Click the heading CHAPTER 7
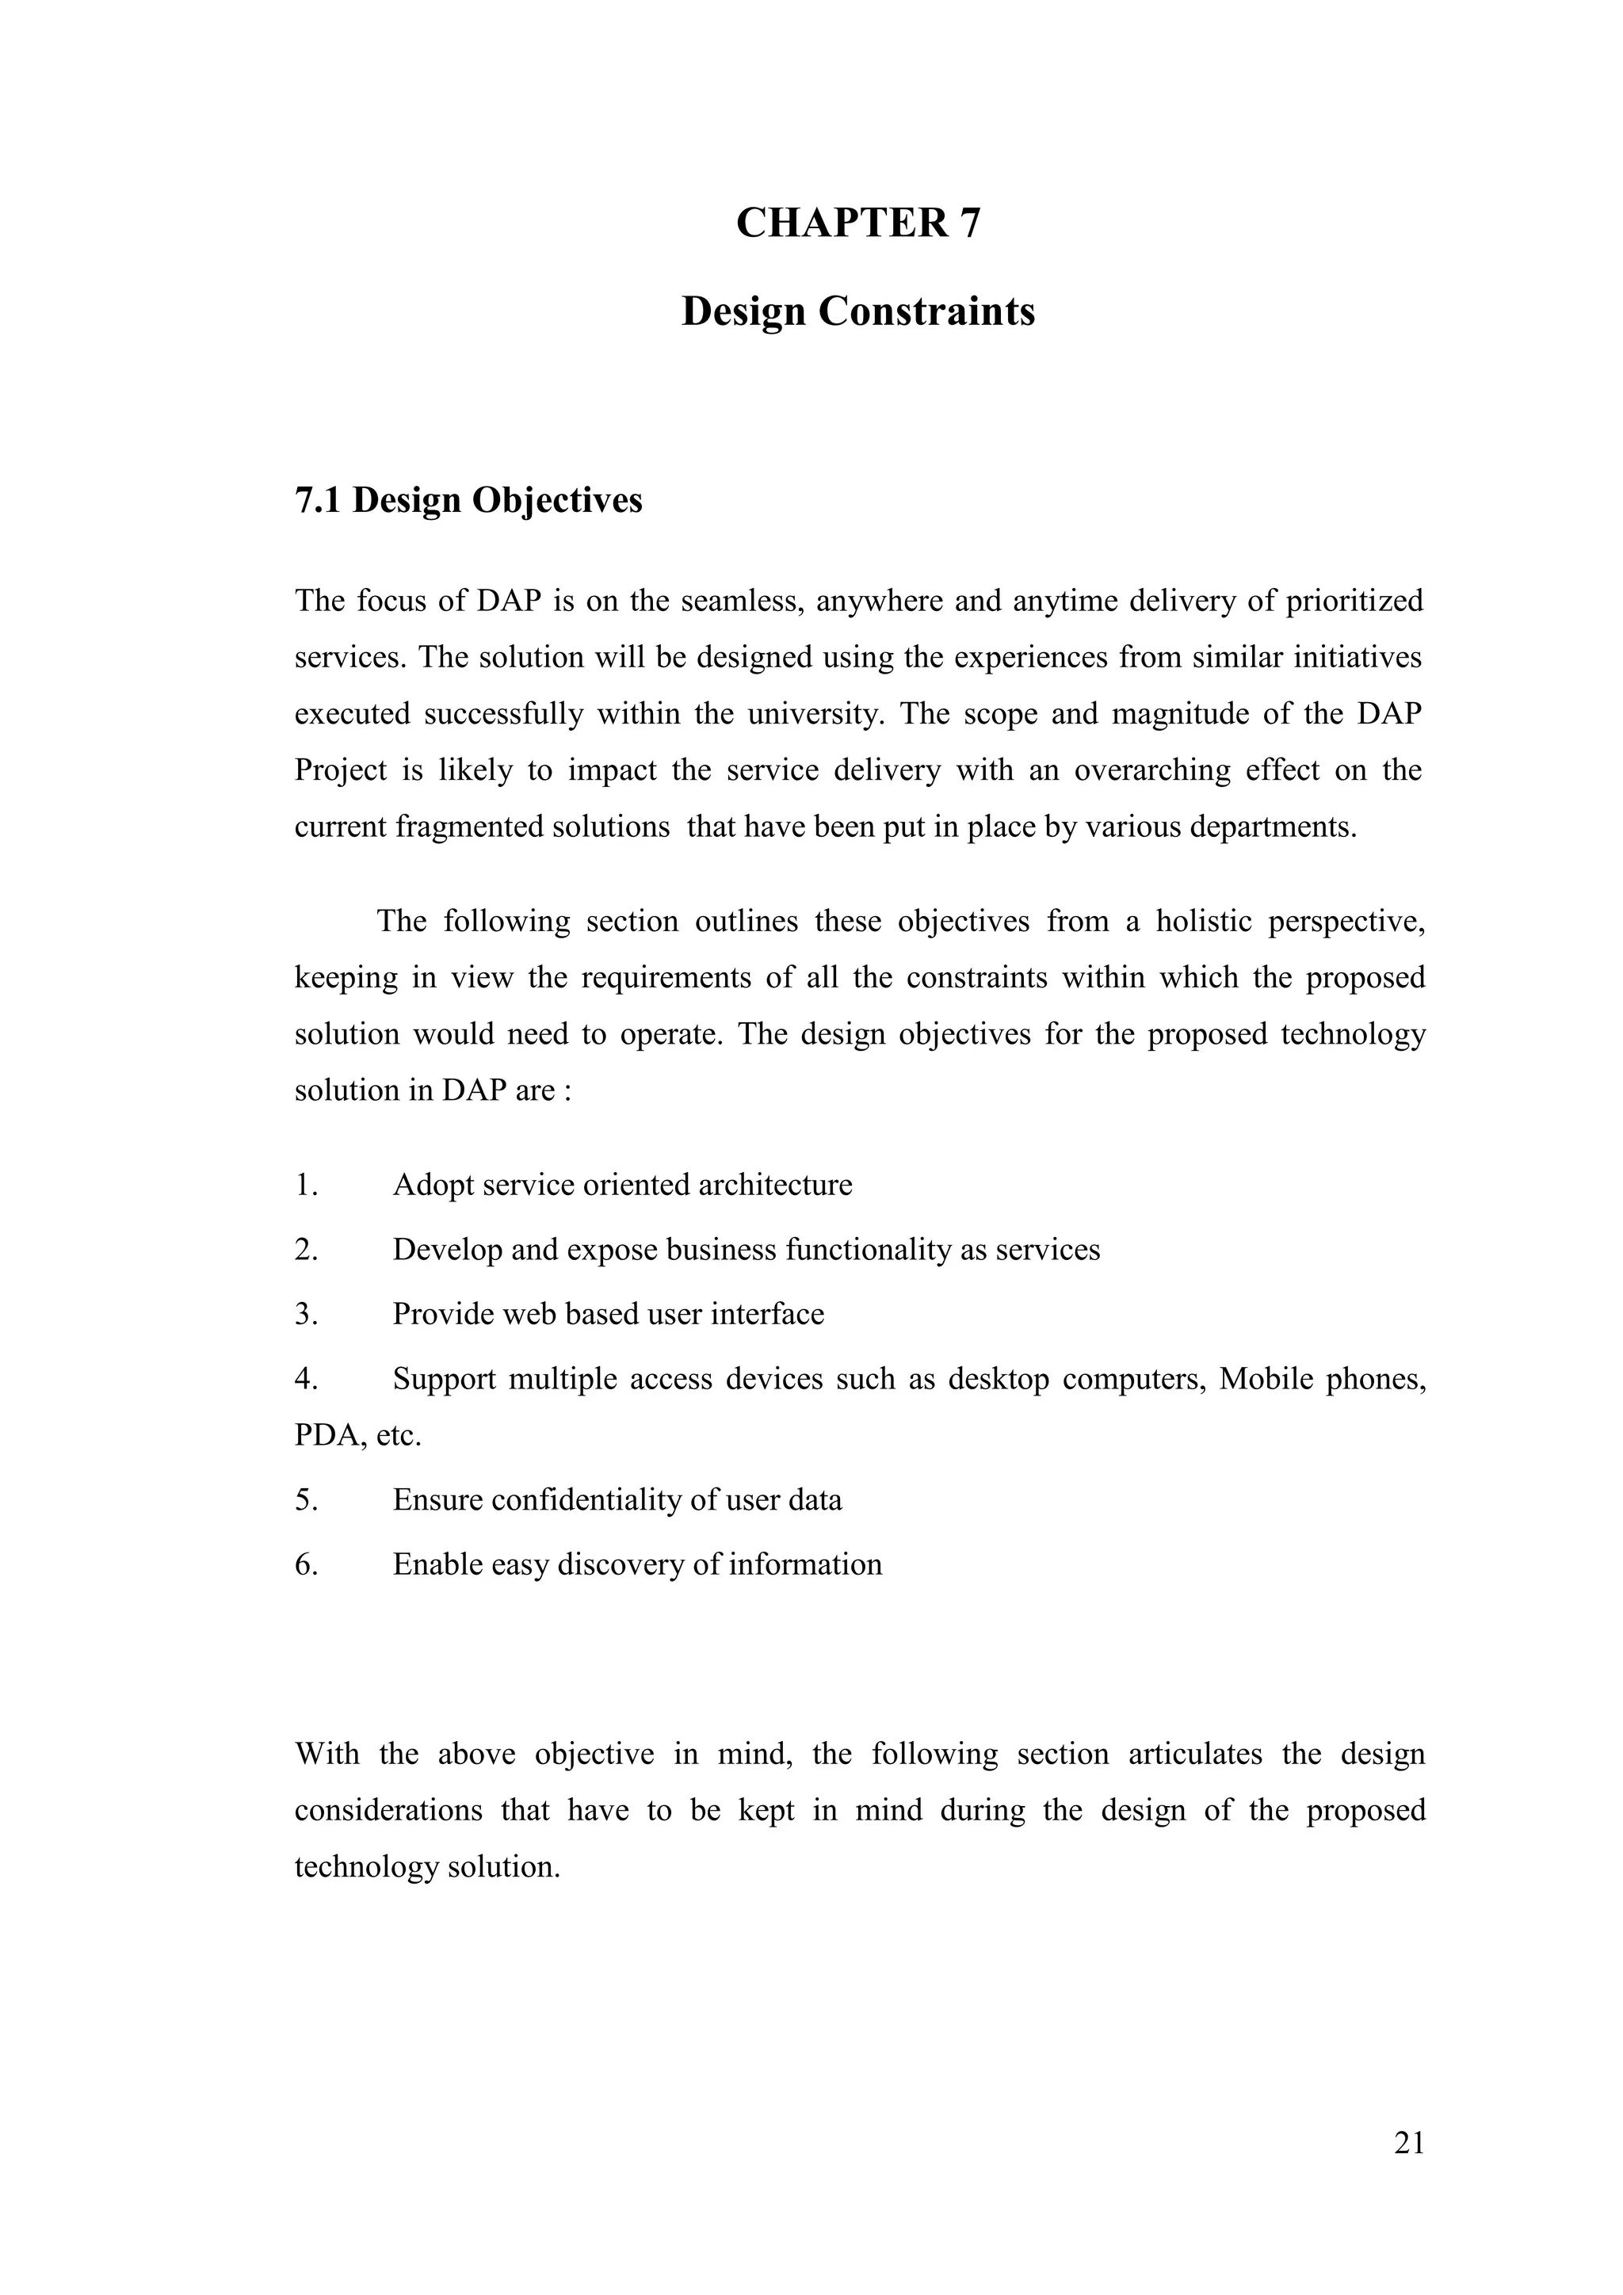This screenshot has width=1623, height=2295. point(857,222)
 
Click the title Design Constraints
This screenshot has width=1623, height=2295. point(857,311)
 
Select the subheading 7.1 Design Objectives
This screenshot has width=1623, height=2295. point(468,500)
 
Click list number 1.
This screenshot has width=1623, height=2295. point(305,1185)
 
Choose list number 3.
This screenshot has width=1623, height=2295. point(305,1313)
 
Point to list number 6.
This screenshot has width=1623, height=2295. point(305,1564)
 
